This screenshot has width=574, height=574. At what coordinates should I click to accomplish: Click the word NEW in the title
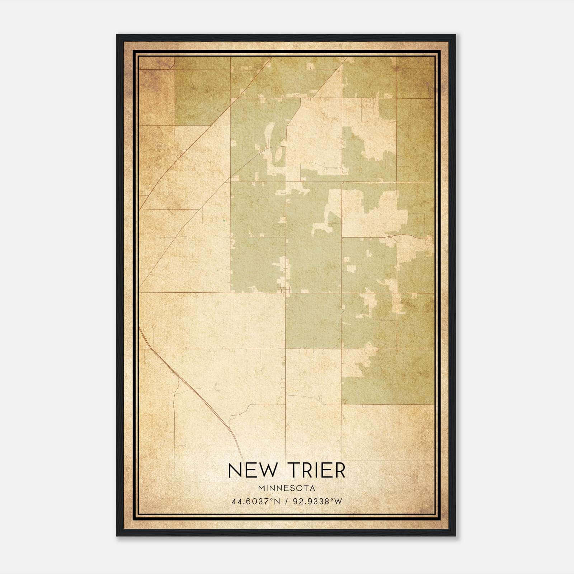tap(253, 470)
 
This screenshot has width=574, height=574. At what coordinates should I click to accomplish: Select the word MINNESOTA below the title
tap(287, 488)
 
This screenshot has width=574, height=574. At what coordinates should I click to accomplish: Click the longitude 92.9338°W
tap(318, 501)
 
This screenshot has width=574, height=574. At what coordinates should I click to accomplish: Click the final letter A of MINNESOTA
tap(313, 488)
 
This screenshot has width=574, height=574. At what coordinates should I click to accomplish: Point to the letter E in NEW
tap(251, 470)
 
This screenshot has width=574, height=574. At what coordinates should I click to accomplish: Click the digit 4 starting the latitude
tap(234, 501)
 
